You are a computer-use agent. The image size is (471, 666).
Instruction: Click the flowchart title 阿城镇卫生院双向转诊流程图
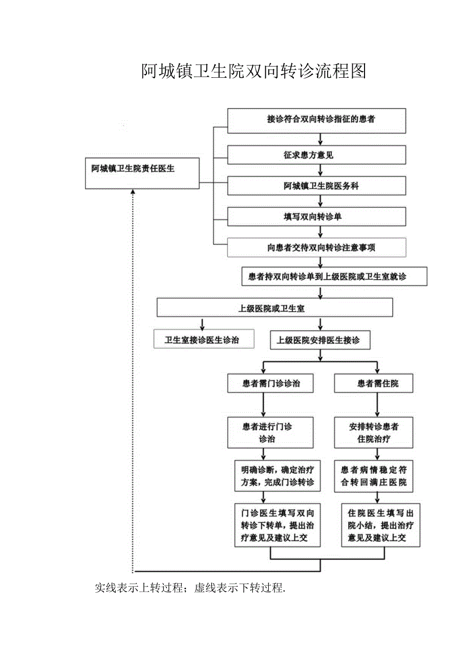pyautogui.click(x=254, y=72)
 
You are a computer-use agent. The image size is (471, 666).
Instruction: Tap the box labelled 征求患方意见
pyautogui.click(x=316, y=155)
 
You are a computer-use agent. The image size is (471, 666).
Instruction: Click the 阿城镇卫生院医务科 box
pyautogui.click(x=316, y=186)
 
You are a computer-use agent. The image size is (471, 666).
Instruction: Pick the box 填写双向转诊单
pyautogui.click(x=316, y=217)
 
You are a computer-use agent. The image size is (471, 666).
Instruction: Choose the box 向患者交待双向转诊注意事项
pyautogui.click(x=316, y=247)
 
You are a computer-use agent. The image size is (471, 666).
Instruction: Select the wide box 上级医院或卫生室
pyautogui.click(x=274, y=308)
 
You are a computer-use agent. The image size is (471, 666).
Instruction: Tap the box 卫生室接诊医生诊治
pyautogui.click(x=204, y=339)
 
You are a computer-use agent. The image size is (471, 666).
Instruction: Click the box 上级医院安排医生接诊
pyautogui.click(x=320, y=339)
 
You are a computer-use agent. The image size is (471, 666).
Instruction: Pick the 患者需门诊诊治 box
pyautogui.click(x=270, y=383)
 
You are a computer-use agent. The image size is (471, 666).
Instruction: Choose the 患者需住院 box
pyautogui.click(x=373, y=383)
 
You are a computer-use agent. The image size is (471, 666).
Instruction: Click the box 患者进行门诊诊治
pyautogui.click(x=270, y=433)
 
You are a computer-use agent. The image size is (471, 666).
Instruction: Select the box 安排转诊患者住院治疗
pyautogui.click(x=373, y=433)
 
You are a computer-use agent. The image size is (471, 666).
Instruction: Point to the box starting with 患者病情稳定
pyautogui.click(x=373, y=476)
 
